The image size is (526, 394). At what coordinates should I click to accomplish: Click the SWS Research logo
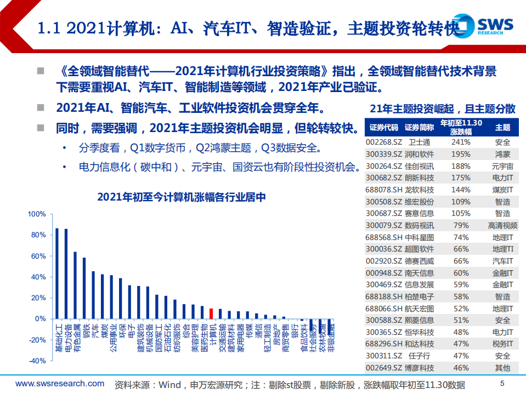pyautogui.click(x=488, y=25)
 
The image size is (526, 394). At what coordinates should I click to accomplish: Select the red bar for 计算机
pyautogui.click(x=211, y=313)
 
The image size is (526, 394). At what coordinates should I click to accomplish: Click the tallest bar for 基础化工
pyautogui.click(x=57, y=273)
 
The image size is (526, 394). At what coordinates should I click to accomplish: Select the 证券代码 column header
pyautogui.click(x=383, y=128)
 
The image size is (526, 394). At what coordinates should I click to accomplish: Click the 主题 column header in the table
pyautogui.click(x=502, y=128)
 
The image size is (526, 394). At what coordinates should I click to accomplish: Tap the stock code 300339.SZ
pyautogui.click(x=382, y=153)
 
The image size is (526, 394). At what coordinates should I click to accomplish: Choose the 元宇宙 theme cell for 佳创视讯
pyautogui.click(x=502, y=165)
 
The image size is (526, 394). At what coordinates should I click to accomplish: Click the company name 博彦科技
pyautogui.click(x=420, y=368)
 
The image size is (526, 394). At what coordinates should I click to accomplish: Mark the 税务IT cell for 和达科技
pyautogui.click(x=502, y=344)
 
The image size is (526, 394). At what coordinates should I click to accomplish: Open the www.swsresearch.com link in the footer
pyautogui.click(x=59, y=384)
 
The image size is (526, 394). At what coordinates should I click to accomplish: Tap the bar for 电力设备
pyautogui.click(x=66, y=273)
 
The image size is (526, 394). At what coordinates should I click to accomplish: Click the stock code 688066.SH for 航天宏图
pyautogui.click(x=382, y=309)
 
